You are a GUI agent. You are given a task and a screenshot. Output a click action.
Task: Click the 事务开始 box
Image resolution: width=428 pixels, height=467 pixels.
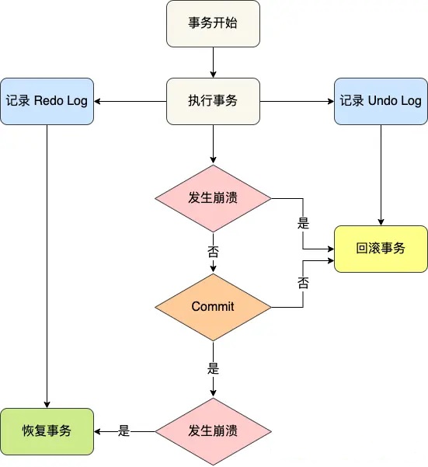pyautogui.click(x=213, y=23)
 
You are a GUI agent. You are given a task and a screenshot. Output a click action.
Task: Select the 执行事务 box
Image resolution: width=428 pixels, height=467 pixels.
pyautogui.click(x=213, y=101)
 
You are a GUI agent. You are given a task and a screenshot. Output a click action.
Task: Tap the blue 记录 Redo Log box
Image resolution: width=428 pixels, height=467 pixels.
pyautogui.click(x=47, y=101)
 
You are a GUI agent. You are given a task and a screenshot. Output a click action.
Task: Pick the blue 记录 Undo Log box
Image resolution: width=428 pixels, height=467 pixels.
pyautogui.click(x=381, y=101)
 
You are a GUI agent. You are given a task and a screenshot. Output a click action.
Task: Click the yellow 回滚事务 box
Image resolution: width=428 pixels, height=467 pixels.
pyautogui.click(x=381, y=249)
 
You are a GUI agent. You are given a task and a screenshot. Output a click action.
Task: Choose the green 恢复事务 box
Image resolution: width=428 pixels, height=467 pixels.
pyautogui.click(x=47, y=431)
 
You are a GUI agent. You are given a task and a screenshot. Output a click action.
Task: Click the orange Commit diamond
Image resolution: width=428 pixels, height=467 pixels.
pyautogui.click(x=213, y=307)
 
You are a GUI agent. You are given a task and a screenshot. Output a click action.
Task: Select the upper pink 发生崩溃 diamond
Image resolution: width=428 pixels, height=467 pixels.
pyautogui.click(x=213, y=198)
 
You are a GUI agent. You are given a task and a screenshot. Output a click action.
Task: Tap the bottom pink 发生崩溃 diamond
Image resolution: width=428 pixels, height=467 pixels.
pyautogui.click(x=213, y=431)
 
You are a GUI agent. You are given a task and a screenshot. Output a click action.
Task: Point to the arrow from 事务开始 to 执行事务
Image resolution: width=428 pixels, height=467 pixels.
pyautogui.click(x=213, y=62)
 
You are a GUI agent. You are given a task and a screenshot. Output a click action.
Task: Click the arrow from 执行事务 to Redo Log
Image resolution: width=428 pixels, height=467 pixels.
pyautogui.click(x=130, y=101)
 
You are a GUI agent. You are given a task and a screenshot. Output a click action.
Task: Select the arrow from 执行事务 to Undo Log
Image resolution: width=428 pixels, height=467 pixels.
pyautogui.click(x=297, y=101)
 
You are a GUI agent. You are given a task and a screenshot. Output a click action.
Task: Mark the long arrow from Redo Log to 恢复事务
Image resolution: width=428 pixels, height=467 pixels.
pyautogui.click(x=47, y=267)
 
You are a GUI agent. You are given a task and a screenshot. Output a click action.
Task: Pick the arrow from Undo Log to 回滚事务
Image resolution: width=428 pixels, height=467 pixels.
pyautogui.click(x=381, y=175)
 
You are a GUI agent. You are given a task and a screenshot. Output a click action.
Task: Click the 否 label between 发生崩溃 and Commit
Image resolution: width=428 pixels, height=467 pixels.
pyautogui.click(x=213, y=253)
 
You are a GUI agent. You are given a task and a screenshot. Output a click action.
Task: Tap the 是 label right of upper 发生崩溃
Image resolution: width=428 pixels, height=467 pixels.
pyautogui.click(x=303, y=223)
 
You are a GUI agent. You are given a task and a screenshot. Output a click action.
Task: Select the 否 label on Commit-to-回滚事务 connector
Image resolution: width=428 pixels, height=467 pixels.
pyautogui.click(x=303, y=283)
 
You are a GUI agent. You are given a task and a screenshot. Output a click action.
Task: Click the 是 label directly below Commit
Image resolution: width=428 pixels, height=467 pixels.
pyautogui.click(x=213, y=369)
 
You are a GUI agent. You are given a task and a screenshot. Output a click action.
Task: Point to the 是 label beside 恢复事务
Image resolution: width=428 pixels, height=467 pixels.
pyautogui.click(x=124, y=431)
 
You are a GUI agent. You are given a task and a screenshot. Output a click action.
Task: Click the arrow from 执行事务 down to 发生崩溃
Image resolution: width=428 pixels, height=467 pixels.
pyautogui.click(x=213, y=145)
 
